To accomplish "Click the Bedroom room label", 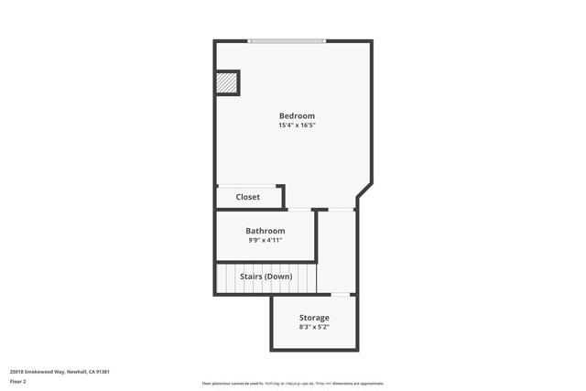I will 297,115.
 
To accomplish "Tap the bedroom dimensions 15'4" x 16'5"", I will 297,125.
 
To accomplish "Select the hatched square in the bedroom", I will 226,83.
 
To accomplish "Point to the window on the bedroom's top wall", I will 286,41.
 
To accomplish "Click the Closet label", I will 247,197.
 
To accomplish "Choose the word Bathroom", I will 265,231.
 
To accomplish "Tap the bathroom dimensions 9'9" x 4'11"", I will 265,241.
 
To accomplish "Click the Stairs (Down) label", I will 266,277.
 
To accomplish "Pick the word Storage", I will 313,318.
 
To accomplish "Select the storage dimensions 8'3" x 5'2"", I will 313,327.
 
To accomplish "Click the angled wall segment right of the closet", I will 364,190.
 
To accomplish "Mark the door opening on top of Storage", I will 341,294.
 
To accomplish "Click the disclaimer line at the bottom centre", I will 292,384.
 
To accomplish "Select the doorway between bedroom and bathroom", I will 298,210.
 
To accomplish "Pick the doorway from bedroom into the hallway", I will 341,210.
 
